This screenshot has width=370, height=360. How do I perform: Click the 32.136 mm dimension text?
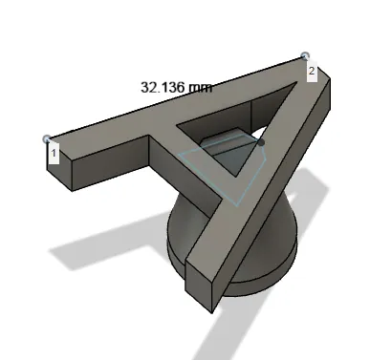coord(176,87)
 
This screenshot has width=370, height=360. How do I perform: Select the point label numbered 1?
coord(54,152)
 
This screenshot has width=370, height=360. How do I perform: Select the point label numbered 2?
coord(312,71)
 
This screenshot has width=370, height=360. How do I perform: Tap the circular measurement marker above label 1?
coord(48,138)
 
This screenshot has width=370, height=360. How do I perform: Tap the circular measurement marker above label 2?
coord(305,57)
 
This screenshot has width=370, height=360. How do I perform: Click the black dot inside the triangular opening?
coord(260,141)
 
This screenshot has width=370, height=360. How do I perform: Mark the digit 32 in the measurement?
coord(149,87)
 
